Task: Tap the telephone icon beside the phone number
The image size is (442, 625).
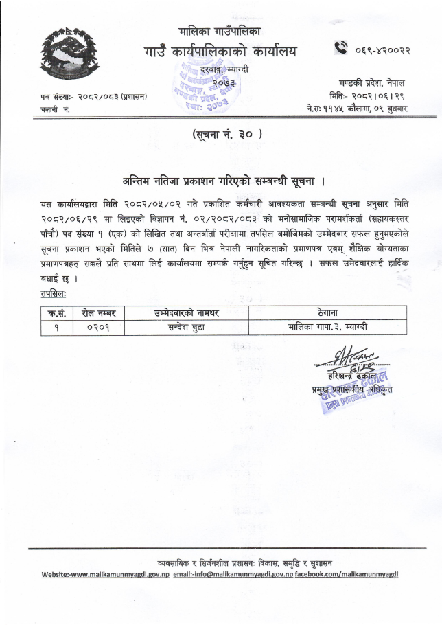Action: click(342, 48)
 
